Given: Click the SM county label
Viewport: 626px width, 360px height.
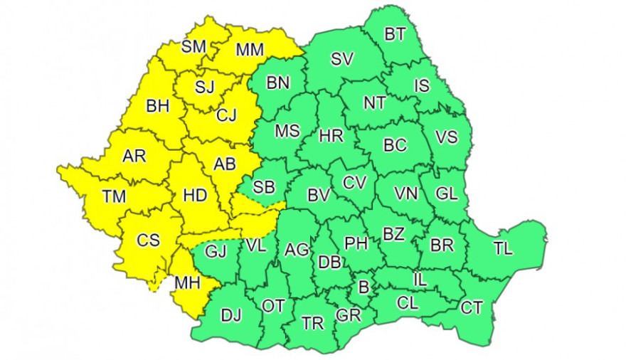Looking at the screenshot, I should coord(193,46).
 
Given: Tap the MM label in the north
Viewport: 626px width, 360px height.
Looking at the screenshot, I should coord(249,49).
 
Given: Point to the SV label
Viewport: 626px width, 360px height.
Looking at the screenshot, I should coord(342,59).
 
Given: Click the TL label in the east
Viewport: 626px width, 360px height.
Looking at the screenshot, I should coord(502,248).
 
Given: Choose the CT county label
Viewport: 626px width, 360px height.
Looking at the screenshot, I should coord(472,307).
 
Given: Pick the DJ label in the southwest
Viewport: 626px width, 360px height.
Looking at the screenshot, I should coord(231,314).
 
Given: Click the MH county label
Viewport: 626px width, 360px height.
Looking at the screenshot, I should coord(186,282).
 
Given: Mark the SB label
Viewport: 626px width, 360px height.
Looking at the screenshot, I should coord(264,188).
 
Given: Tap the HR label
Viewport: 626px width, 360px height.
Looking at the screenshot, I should coord(332,136).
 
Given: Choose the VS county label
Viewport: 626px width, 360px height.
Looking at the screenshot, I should coord(446,138).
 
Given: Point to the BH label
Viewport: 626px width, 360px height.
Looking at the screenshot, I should coord(158,107).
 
